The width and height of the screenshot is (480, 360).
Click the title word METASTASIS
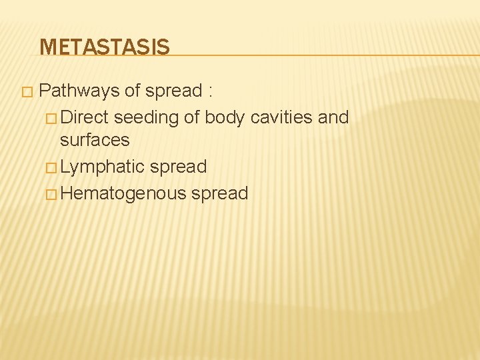click(x=105, y=47)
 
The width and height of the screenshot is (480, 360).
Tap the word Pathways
click(x=80, y=90)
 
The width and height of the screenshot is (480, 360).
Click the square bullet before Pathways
click(x=26, y=91)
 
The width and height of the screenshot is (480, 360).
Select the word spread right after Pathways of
click(x=174, y=90)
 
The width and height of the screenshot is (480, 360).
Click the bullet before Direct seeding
click(x=52, y=118)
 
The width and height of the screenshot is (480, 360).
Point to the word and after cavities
click(x=333, y=117)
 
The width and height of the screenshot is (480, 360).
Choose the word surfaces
click(x=95, y=140)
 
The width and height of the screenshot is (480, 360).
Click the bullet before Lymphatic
click(x=52, y=167)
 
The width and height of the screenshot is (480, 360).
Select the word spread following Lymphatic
click(x=179, y=167)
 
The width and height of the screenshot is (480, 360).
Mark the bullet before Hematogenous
click(x=52, y=195)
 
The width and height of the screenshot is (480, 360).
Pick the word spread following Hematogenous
click(x=220, y=194)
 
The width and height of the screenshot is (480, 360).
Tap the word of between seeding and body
click(x=192, y=117)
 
